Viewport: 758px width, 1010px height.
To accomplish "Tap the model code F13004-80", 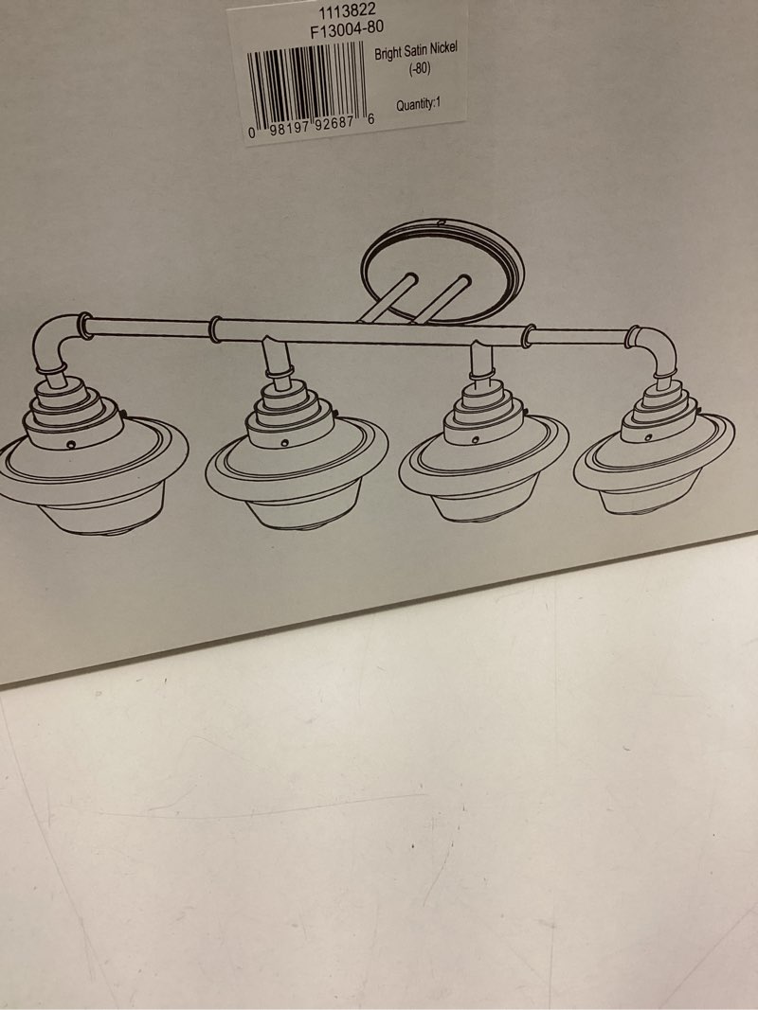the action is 347,29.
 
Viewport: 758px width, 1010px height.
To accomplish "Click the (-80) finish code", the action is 420,68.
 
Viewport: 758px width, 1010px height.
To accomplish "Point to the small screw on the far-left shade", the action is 71,445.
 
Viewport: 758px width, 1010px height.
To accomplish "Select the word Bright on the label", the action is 388,55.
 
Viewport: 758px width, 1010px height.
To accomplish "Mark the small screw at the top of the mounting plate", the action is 441,222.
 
